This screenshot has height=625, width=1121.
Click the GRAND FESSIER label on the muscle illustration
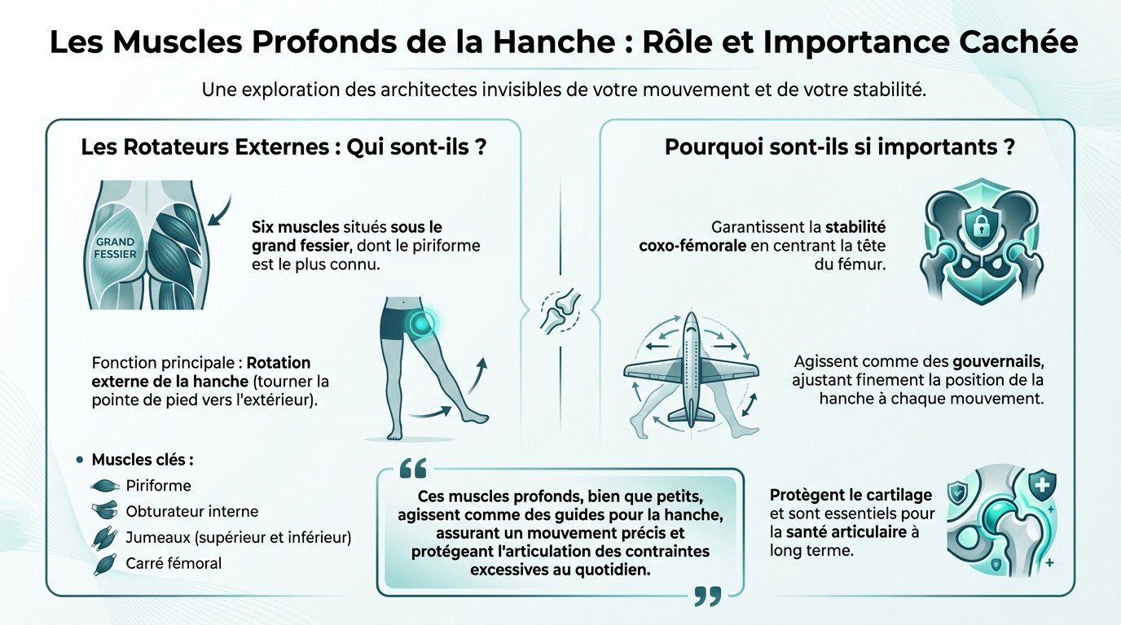[116, 247]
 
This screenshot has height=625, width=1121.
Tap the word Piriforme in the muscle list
[158, 486]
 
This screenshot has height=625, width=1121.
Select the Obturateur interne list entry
[191, 512]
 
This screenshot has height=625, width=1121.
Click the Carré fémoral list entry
[174, 563]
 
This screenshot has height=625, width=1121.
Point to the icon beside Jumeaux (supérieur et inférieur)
[105, 538]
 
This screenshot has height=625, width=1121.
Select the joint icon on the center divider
[560, 312]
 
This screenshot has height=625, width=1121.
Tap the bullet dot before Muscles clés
[79, 460]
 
